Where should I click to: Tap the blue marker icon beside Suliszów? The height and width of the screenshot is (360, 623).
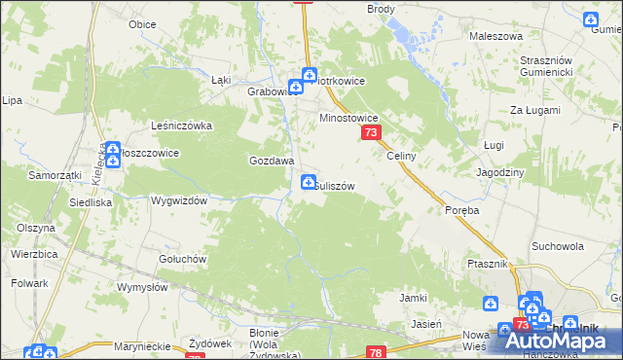pyautogui.click(x=309, y=181)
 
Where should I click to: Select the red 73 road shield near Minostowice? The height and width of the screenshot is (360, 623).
pyautogui.click(x=370, y=132)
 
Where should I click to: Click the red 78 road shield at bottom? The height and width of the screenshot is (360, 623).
pyautogui.click(x=378, y=352)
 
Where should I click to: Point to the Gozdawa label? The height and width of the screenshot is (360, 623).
pyautogui.click(x=272, y=161)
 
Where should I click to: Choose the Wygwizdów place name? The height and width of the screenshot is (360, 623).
pyautogui.click(x=180, y=200)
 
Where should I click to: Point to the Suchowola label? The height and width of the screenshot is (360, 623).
pyautogui.click(x=558, y=246)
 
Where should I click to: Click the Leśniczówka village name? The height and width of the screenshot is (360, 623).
pyautogui.click(x=181, y=126)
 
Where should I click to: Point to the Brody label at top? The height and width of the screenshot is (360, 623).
pyautogui.click(x=381, y=8)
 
